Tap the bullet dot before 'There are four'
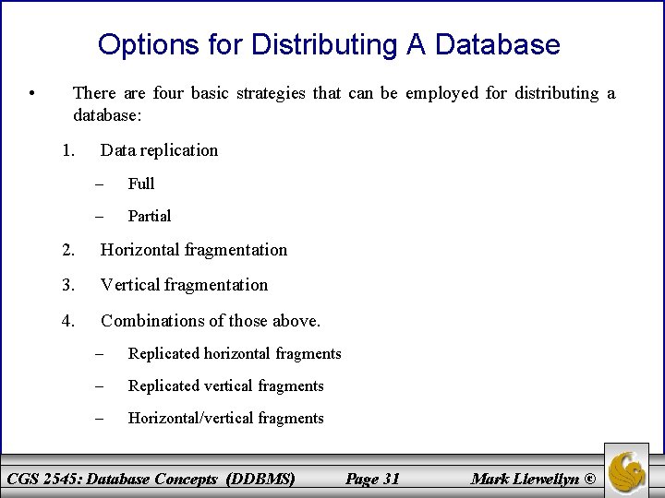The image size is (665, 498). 32,93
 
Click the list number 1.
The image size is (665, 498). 67,149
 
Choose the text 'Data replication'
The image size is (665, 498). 159,149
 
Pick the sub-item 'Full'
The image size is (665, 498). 141,184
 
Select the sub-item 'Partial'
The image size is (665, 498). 150,216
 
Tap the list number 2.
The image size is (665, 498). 67,250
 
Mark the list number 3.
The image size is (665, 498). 67,285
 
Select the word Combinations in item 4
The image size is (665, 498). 151,321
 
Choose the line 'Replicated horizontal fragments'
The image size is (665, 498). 235,353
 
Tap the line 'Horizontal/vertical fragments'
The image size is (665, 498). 225,418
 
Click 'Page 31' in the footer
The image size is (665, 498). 371,478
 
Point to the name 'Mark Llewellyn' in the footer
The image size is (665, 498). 526,478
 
